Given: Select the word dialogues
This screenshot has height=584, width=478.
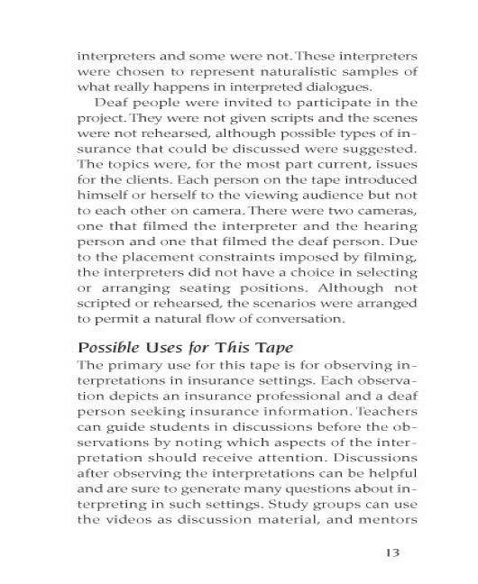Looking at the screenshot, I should point(330,87).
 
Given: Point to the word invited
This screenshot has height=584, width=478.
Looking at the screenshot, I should point(225,105).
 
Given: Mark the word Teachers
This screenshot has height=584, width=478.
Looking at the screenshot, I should point(386,415).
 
